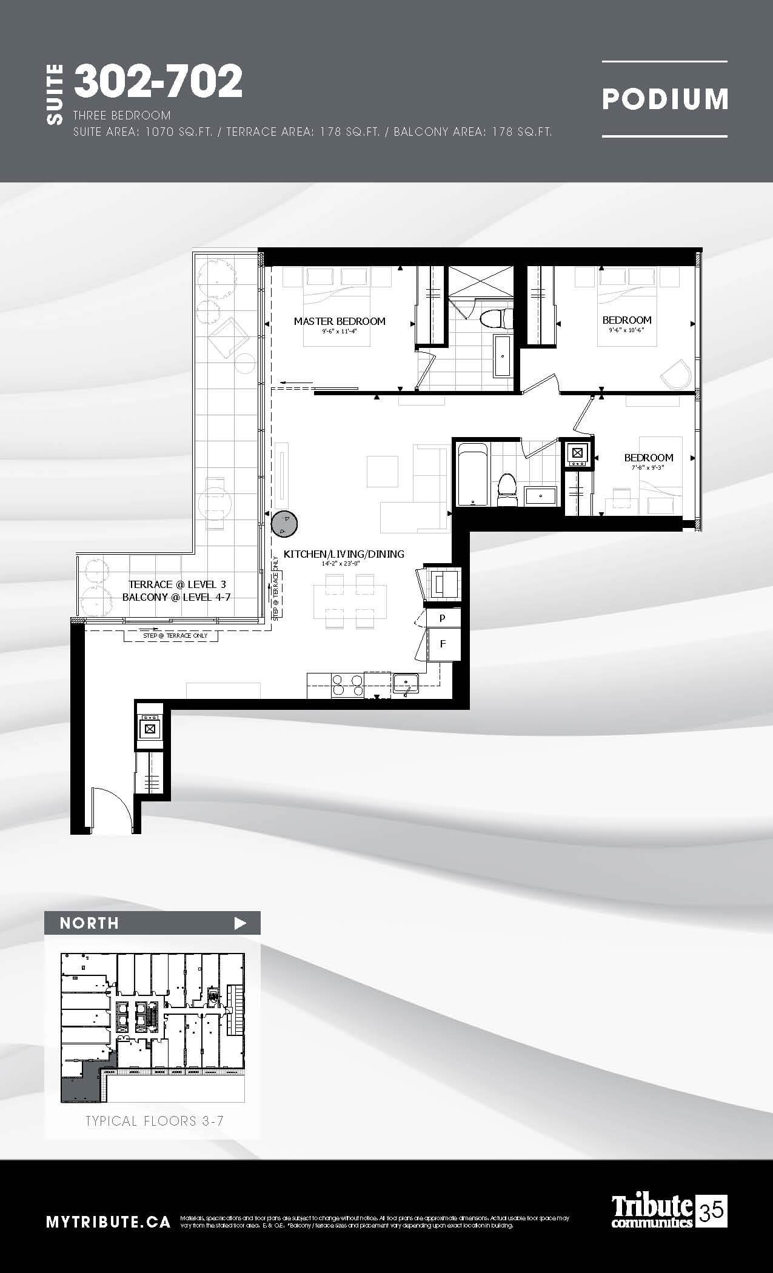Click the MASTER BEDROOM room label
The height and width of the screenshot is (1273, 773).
point(340,321)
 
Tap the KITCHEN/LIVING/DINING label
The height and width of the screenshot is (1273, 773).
point(344,553)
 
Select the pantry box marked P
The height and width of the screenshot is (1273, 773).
point(443,618)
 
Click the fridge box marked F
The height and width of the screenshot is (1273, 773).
point(443,644)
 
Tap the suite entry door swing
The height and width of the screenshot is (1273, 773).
point(112,809)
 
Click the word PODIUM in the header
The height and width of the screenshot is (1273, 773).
point(664,99)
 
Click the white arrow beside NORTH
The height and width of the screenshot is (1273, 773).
point(241,923)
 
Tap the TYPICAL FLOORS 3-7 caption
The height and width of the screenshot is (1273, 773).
point(155,1121)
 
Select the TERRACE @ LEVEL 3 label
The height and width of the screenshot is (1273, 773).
point(177,584)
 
